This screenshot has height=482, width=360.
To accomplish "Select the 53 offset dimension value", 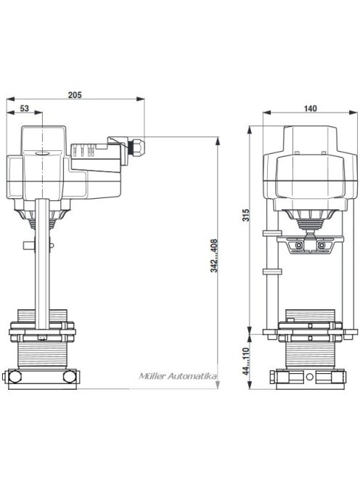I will click(x=24, y=108).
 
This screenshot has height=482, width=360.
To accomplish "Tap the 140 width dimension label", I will click(x=311, y=108).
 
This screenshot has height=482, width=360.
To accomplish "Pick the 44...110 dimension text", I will click(x=247, y=361).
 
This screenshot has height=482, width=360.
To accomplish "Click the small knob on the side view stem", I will click(x=27, y=246).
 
